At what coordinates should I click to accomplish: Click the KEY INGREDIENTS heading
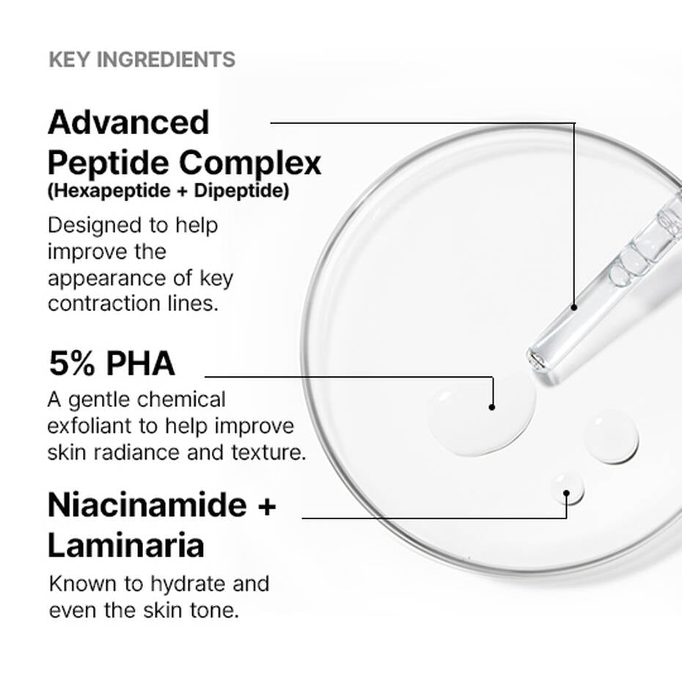pos(142,59)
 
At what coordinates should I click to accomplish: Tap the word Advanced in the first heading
pos(128,122)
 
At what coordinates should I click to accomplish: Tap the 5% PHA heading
pos(111,364)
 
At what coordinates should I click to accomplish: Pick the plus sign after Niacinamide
pos(265,506)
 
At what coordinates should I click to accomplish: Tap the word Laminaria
pos(125,546)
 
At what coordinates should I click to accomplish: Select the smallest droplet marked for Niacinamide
pos(568,488)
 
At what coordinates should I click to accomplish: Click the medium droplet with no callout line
pos(611,436)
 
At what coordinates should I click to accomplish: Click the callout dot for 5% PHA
pos(492,406)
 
